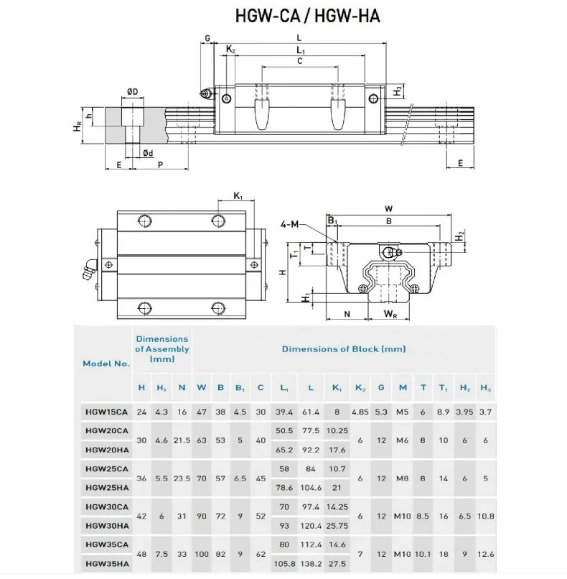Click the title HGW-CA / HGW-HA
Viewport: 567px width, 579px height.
click(x=307, y=16)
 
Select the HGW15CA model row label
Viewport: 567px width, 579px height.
click(x=106, y=412)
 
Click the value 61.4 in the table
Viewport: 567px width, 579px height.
click(x=310, y=412)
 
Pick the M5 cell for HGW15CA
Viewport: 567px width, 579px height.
click(x=403, y=412)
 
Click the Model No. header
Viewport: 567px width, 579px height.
click(x=106, y=363)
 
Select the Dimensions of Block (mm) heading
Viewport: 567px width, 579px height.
click(x=343, y=349)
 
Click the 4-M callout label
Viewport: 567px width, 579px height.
click(x=291, y=225)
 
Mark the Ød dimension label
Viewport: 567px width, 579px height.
click(x=148, y=152)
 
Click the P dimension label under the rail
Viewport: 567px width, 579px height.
click(x=160, y=165)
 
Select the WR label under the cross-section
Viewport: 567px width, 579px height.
click(x=390, y=314)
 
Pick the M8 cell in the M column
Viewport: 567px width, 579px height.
click(x=403, y=477)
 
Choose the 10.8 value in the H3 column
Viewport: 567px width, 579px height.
click(x=486, y=516)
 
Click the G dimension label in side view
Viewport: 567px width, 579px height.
click(x=207, y=38)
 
